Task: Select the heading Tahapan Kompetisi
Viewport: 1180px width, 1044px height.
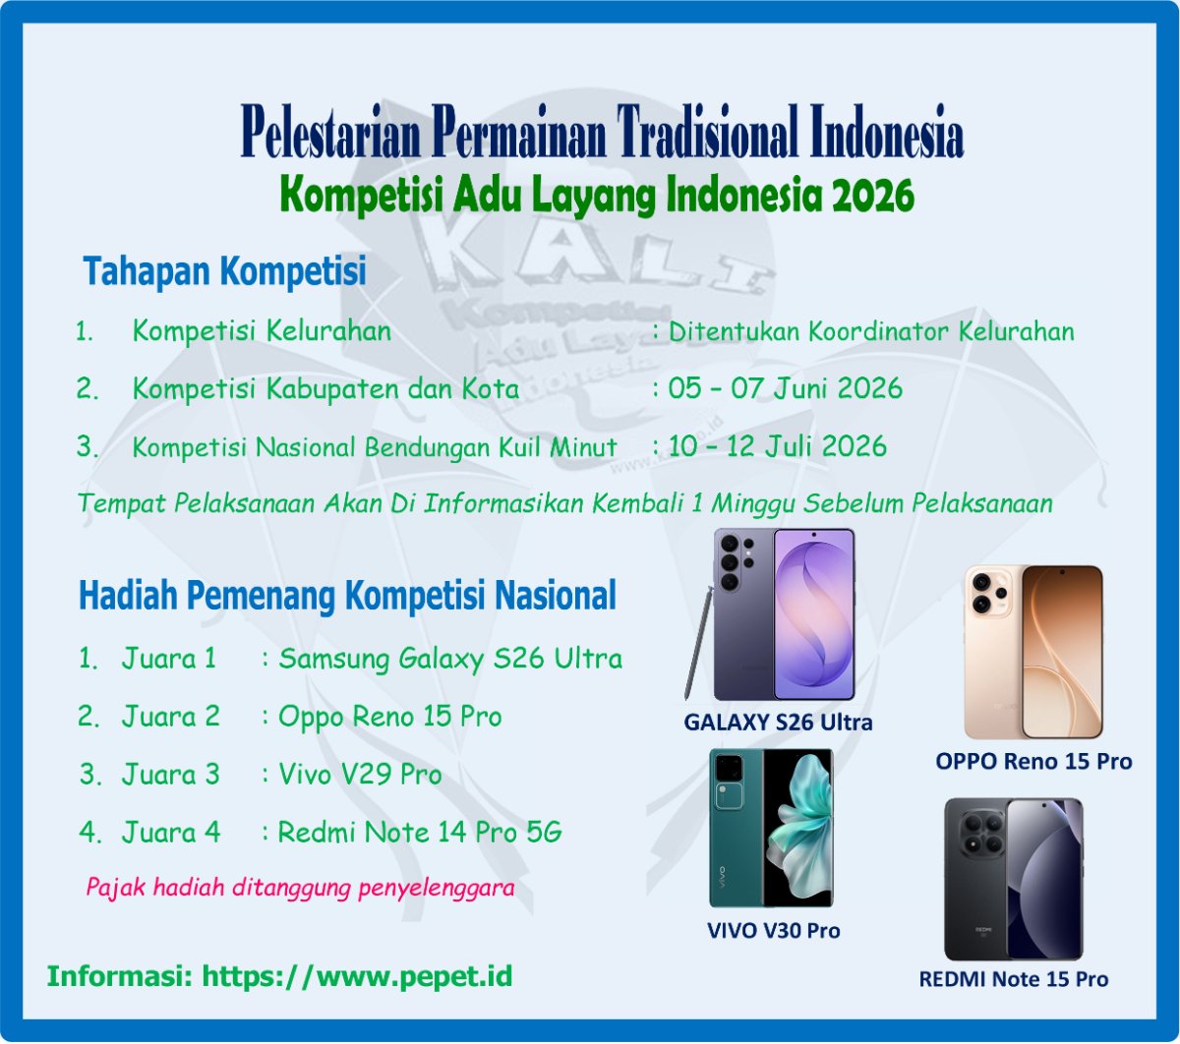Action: (224, 271)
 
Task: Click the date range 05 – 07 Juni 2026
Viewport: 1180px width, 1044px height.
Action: (785, 388)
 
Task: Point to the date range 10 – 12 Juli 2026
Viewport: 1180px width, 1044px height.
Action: (777, 446)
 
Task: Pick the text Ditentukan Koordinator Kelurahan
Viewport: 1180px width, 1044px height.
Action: (871, 331)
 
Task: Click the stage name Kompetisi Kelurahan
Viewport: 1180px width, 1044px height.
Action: (262, 331)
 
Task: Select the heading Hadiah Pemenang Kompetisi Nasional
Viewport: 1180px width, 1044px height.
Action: (347, 596)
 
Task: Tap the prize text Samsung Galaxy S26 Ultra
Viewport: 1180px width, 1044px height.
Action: (450, 658)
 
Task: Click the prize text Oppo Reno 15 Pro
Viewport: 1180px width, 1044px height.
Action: (390, 717)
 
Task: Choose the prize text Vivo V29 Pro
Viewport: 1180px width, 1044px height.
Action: (360, 775)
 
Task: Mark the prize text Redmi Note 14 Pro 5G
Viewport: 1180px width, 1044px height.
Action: (420, 834)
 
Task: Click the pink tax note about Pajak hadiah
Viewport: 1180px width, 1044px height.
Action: (300, 888)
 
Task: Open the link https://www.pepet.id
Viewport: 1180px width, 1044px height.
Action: (357, 977)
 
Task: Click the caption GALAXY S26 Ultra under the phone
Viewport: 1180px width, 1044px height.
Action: (778, 723)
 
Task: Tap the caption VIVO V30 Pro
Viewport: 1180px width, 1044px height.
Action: (774, 930)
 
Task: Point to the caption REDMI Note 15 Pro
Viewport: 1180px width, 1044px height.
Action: (1013, 979)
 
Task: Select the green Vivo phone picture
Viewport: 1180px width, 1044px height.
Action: (771, 828)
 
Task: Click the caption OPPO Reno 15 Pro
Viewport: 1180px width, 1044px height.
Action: (1033, 761)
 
